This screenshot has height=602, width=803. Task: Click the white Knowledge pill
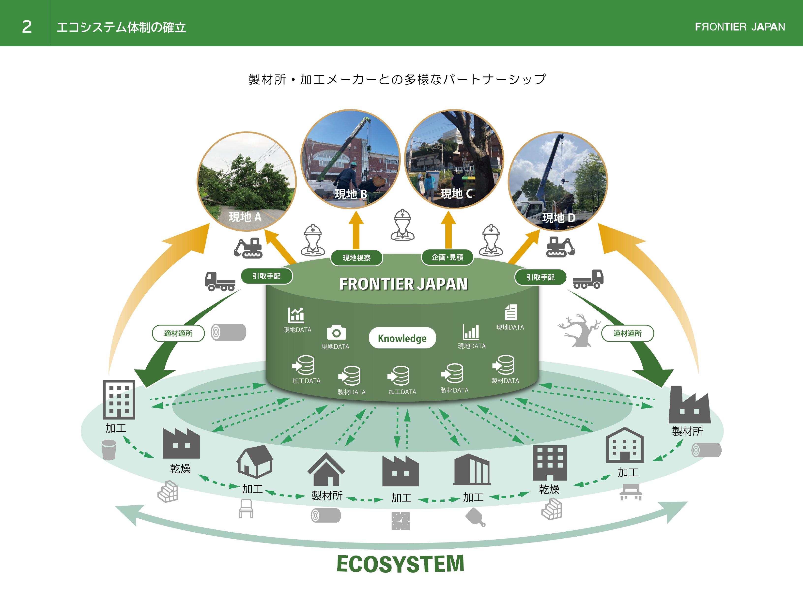402,338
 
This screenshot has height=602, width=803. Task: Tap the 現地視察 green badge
356,258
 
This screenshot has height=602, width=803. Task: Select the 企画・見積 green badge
447,257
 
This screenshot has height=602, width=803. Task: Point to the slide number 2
27,27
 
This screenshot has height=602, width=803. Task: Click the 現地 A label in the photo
245,217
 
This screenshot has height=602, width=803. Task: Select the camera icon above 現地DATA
336,332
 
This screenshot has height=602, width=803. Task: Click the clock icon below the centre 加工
401,521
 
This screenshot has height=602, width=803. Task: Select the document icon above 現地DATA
511,312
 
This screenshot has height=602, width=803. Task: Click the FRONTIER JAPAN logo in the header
740,27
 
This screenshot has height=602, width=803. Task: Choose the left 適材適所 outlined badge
178,333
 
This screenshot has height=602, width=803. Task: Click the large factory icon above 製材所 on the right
689,405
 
